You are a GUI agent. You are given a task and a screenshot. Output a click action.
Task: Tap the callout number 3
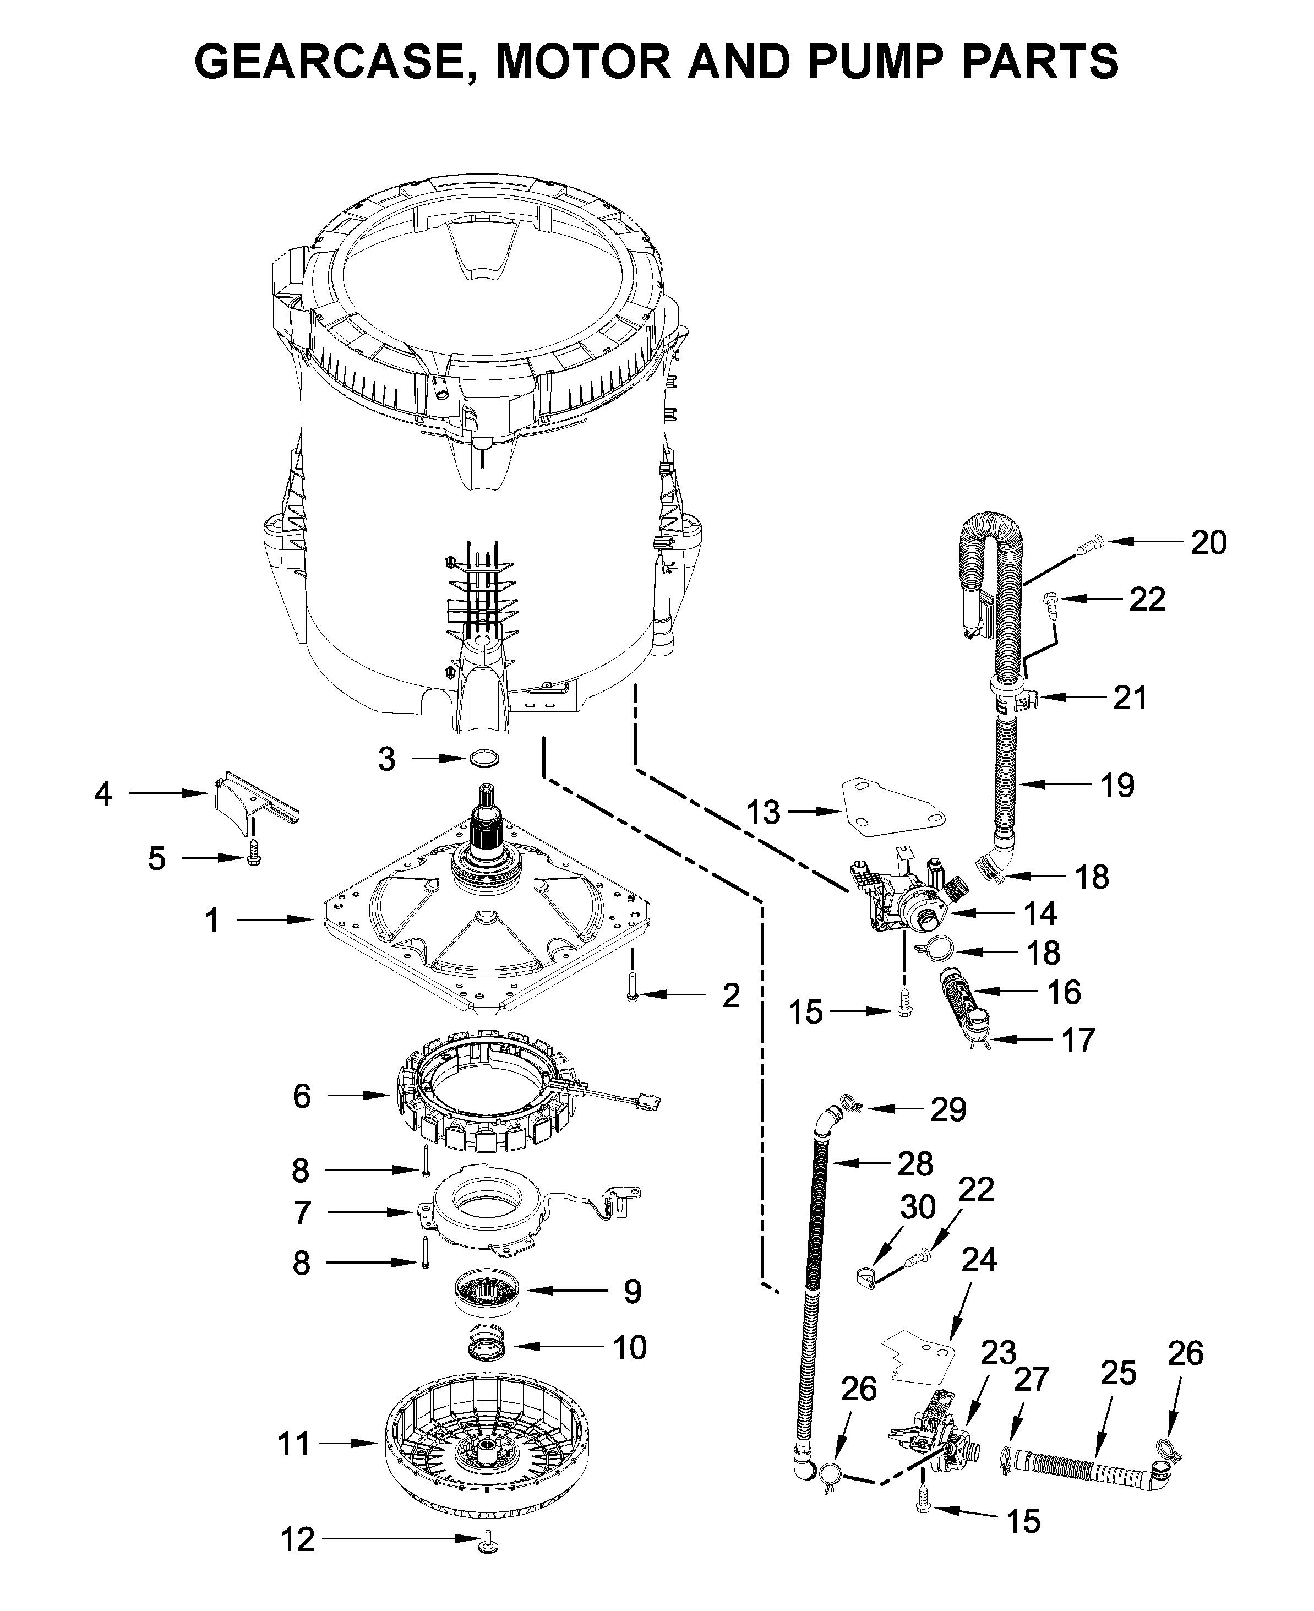[x=387, y=759]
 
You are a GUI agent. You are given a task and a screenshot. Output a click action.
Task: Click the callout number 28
[x=915, y=1164]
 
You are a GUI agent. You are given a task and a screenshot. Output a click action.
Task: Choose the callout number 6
[x=301, y=1096]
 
